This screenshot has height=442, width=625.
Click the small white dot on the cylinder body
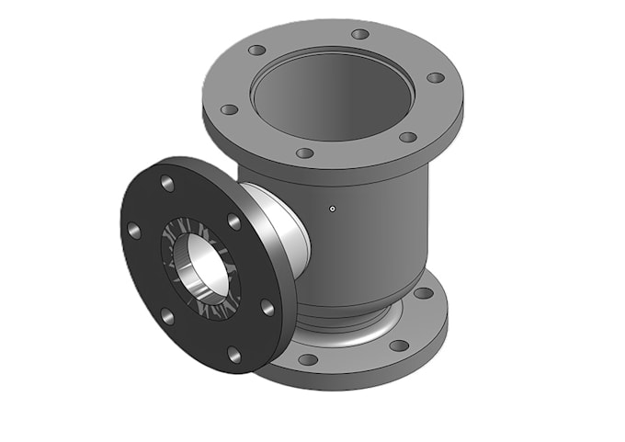pos(333,208)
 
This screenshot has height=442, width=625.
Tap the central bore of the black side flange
pos(199,266)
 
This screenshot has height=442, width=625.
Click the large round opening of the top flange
pos(333,87)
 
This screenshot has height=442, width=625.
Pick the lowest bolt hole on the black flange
pos(233,354)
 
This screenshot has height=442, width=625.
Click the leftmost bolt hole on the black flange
pos(134,230)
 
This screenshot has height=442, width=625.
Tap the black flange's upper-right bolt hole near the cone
pos(233,221)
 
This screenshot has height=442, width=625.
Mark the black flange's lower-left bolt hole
pos(167,316)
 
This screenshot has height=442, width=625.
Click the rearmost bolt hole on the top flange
pos(360,34)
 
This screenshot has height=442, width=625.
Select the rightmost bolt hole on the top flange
pos(436,77)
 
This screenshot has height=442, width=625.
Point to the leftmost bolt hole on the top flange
pos(229,109)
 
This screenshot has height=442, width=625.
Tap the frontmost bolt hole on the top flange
pos(305,153)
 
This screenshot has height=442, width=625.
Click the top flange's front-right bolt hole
pos(407,137)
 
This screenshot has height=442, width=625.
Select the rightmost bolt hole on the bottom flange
pos(423,293)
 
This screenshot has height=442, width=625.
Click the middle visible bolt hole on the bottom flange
pos(398,346)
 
